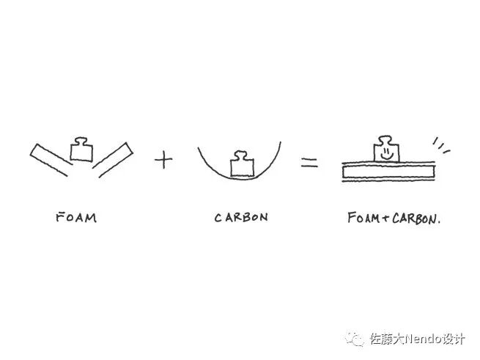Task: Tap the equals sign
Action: click(x=309, y=163)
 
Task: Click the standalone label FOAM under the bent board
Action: click(x=76, y=217)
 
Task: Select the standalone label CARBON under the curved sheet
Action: click(x=241, y=217)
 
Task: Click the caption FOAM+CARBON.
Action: click(x=394, y=218)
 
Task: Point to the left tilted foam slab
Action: click(x=49, y=160)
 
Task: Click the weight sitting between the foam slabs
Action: click(x=81, y=150)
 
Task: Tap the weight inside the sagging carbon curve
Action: click(x=241, y=164)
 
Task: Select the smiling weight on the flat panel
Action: click(x=386, y=150)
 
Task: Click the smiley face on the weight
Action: click(x=385, y=153)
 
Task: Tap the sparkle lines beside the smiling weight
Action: click(x=441, y=145)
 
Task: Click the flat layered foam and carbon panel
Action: click(x=388, y=173)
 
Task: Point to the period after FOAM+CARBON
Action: click(x=438, y=221)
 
